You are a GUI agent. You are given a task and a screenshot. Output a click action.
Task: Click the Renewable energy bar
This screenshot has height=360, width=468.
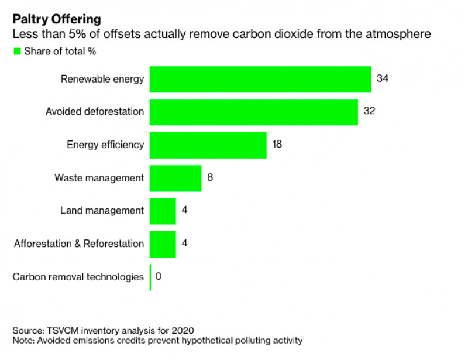pos(260,79)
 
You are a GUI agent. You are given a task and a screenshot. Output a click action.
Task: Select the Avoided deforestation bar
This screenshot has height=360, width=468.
pos(254,112)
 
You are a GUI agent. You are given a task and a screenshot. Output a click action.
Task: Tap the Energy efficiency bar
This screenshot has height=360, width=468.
pos(208,145)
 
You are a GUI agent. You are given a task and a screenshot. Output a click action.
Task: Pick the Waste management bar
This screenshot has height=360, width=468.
pos(175,179)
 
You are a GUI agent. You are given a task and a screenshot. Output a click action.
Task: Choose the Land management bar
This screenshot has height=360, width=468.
pos(163,211)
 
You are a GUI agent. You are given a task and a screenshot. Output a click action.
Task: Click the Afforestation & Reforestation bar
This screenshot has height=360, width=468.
pos(163,244)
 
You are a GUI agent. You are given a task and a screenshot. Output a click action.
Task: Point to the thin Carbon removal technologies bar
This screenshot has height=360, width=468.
pos(150,277)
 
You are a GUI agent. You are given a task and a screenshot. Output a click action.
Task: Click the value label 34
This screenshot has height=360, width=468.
pos(383,78)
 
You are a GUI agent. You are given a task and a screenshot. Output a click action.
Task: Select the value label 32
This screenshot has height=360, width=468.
pos(369,111)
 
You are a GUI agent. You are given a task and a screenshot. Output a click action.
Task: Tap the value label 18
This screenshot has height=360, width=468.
pos(277,144)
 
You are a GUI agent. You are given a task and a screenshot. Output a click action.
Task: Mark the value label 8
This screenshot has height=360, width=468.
pos(210,177)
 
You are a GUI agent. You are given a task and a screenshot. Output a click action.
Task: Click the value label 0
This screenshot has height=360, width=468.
pos(159,276)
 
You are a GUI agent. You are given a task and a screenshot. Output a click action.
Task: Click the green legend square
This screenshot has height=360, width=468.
pos(18,52)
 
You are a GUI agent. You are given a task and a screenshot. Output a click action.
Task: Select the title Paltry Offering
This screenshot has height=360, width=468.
pos(57,19)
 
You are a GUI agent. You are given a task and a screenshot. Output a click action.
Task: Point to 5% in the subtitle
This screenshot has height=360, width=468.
pos(77,34)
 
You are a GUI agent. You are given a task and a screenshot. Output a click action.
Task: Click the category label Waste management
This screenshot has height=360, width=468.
pos(99,178)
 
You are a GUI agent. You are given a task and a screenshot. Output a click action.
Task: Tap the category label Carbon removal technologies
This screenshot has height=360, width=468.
pos(78,277)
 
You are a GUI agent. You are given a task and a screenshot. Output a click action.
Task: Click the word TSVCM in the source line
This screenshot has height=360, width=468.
pos(63,330)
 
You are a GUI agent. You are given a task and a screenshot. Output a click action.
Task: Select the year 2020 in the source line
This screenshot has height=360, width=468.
pos(183,330)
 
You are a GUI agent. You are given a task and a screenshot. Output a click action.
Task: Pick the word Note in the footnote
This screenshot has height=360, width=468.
pos(23,340)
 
